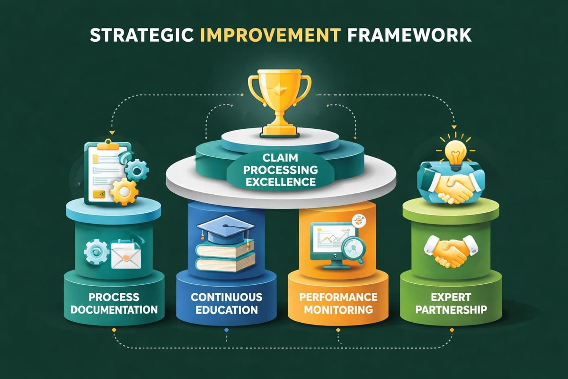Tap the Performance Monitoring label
(338, 304)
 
